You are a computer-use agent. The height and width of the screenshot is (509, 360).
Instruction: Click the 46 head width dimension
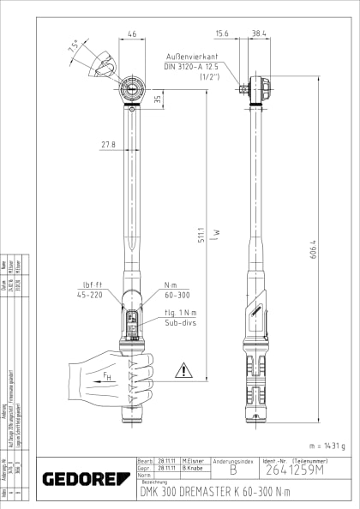(132, 34)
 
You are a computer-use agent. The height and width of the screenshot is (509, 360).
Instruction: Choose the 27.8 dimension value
(108, 145)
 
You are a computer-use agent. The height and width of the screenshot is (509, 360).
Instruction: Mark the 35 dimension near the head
(158, 99)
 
